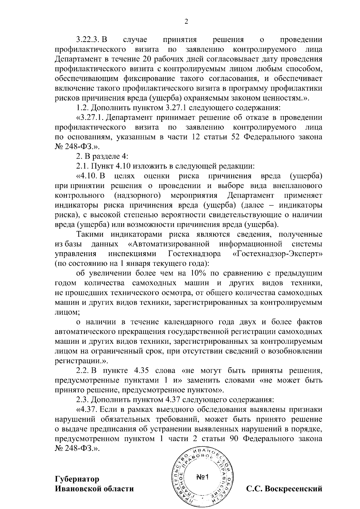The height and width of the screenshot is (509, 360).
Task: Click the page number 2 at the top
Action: click(186, 22)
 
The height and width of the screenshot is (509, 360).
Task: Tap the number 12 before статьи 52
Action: click(196, 137)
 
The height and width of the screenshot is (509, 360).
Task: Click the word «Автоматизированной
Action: click(170, 244)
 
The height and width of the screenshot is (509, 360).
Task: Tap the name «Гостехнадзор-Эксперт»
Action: click(277, 254)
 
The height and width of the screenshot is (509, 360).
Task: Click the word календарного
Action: click(195, 322)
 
